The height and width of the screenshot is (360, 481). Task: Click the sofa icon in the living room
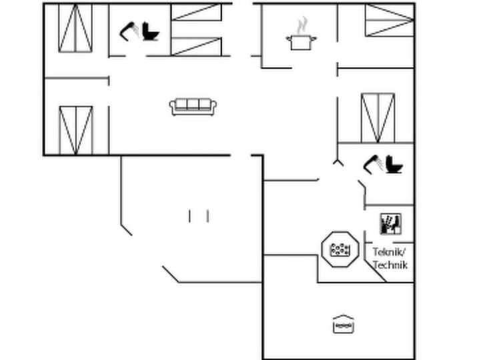[x=193, y=107]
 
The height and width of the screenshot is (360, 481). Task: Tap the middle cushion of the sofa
[x=193, y=104]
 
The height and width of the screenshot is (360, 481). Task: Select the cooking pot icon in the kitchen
[x=302, y=42]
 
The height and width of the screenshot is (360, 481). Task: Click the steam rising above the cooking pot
[x=302, y=25]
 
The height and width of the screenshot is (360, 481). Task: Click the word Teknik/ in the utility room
[x=390, y=252]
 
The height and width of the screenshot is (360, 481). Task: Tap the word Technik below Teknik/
[x=390, y=265]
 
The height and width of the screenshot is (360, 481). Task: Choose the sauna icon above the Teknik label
[x=391, y=224]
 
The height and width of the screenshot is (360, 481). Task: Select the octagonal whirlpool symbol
[x=340, y=249]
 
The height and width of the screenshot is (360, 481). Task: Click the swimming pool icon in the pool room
[x=344, y=324]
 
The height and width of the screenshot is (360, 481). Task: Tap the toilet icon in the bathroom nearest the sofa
[x=150, y=31]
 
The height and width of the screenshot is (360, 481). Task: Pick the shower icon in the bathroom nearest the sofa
[x=129, y=31]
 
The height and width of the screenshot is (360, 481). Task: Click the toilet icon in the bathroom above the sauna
[x=394, y=165]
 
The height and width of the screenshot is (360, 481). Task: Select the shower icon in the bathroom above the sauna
[x=373, y=165]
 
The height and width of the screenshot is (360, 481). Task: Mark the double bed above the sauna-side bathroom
[x=378, y=118]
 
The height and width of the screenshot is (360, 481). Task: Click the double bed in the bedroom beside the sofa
[x=76, y=130]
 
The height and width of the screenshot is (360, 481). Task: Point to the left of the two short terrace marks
[x=189, y=216]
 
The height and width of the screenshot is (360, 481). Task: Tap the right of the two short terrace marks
[x=208, y=216]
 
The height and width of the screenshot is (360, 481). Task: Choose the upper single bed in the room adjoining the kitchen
[x=390, y=12]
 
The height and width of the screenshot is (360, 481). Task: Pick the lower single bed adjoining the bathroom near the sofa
[x=196, y=47]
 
